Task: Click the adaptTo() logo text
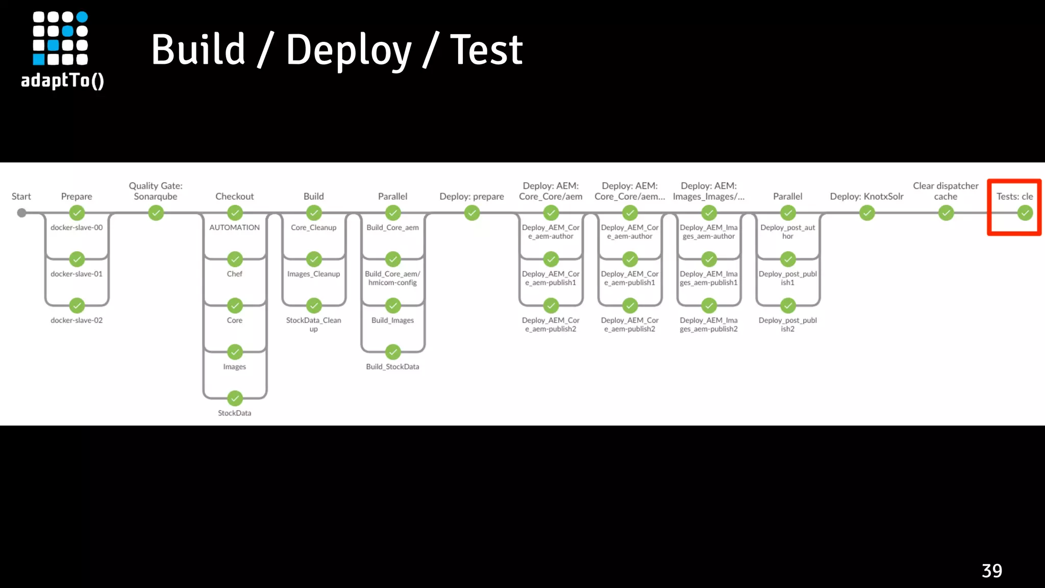(62, 81)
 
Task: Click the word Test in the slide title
(486, 50)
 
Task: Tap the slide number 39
(991, 571)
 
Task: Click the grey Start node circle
(21, 213)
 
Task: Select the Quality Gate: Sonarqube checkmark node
(156, 213)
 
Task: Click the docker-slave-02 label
(77, 320)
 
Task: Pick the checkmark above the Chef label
(235, 259)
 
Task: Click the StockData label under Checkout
(235, 413)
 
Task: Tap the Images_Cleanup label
(313, 274)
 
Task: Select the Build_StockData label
(392, 366)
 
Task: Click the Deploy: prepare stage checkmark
(472, 213)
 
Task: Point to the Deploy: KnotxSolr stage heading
(866, 197)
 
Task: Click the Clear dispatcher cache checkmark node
(946, 213)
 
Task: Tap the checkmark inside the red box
(1025, 213)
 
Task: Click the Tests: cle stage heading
(1014, 197)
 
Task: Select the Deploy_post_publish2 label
(787, 325)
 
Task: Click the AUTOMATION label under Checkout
(235, 228)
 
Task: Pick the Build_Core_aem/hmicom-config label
(392, 278)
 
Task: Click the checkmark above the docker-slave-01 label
(77, 259)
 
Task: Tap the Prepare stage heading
(77, 197)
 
